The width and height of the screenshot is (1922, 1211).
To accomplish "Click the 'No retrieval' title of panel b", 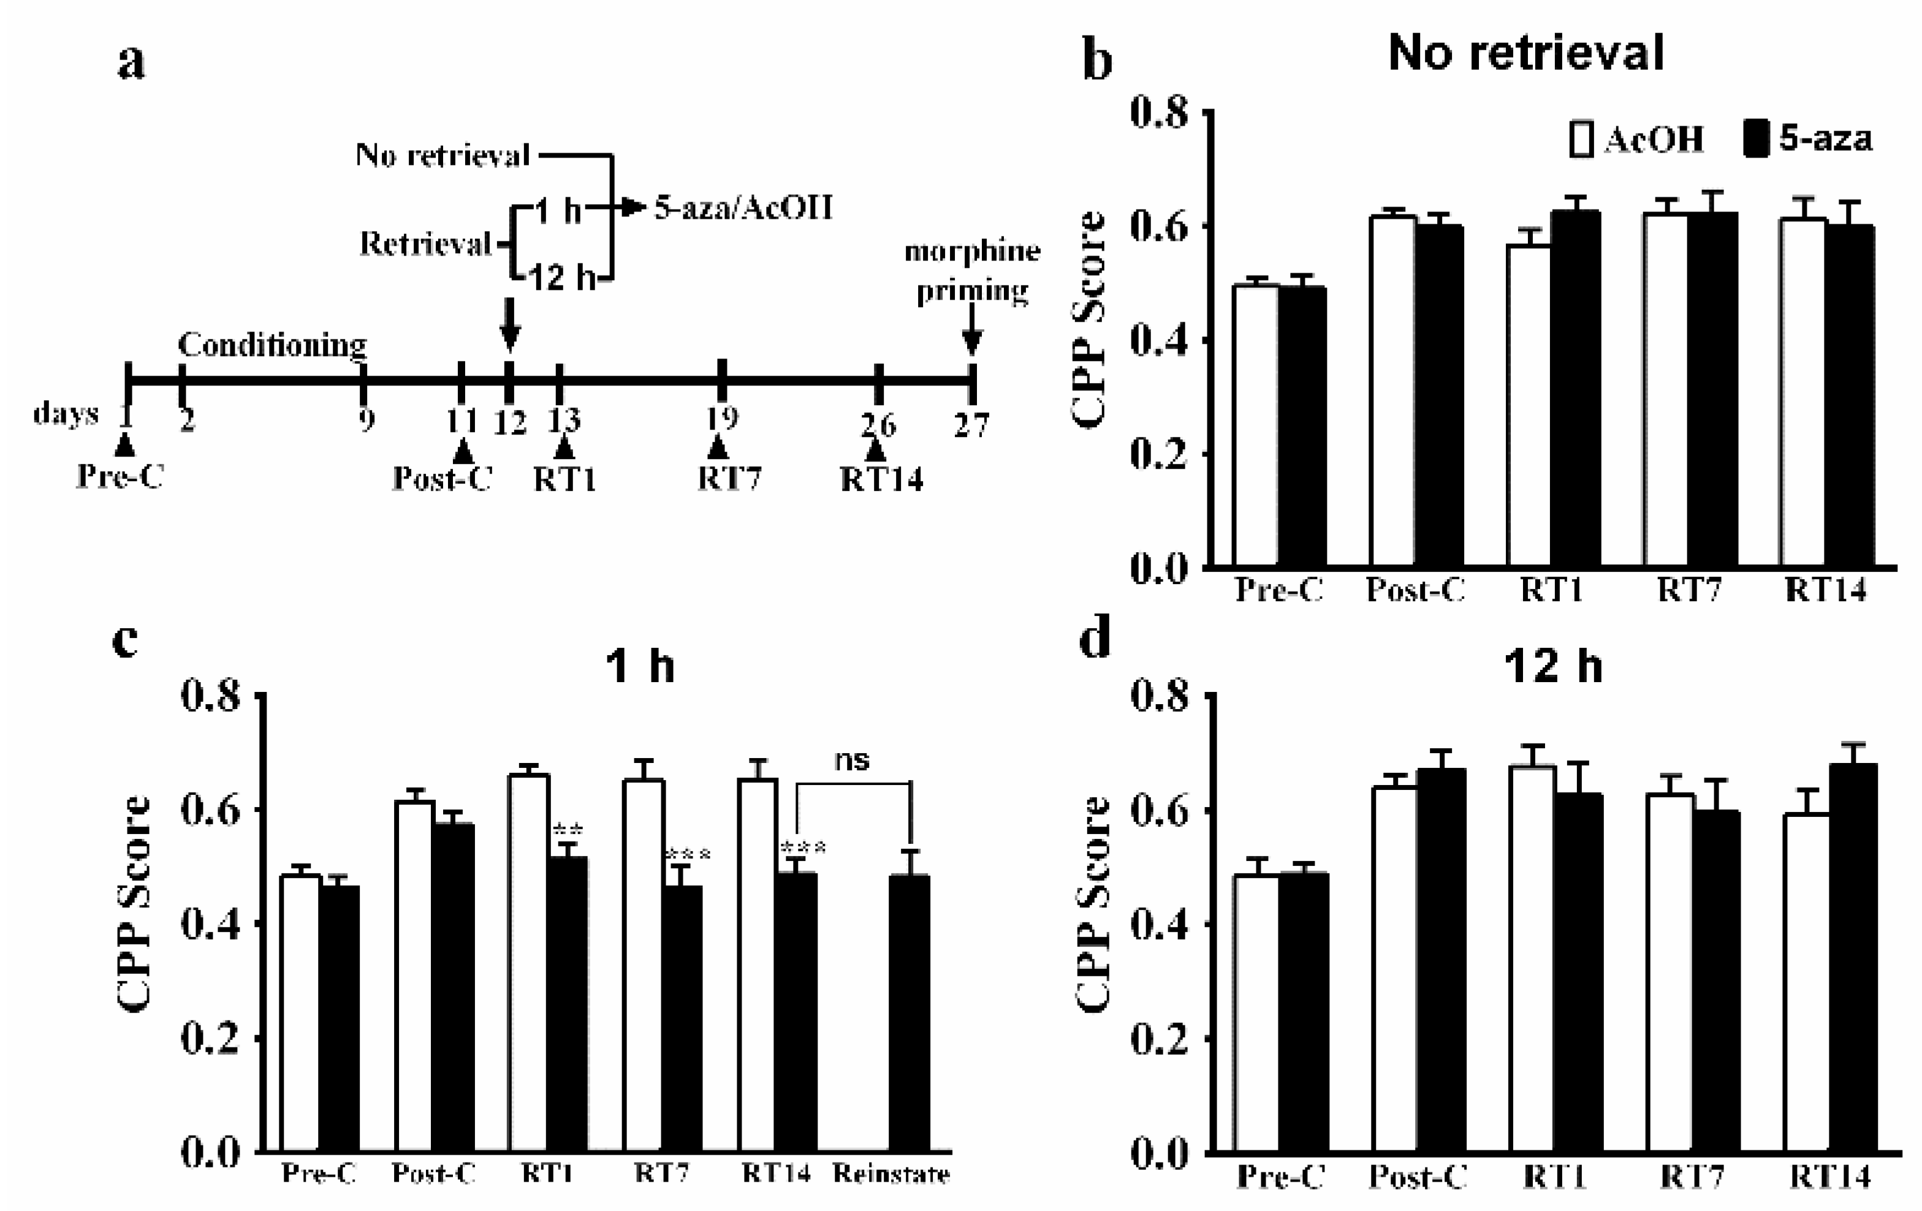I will (1526, 53).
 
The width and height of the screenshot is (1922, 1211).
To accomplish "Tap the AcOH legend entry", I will (1636, 140).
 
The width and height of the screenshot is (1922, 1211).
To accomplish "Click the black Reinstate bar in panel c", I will (910, 1014).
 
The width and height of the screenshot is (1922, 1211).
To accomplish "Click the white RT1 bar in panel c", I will (529, 962).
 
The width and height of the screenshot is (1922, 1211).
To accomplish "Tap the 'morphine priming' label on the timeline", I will (971, 271).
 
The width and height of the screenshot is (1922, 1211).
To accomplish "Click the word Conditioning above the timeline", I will (272, 345).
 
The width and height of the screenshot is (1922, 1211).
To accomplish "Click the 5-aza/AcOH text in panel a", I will (742, 208).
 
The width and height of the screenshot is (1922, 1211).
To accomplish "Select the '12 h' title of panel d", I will (1552, 665).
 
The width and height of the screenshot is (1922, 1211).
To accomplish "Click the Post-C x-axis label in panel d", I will (1418, 1177).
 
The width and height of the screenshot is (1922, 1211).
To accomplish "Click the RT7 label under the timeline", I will (729, 479).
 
